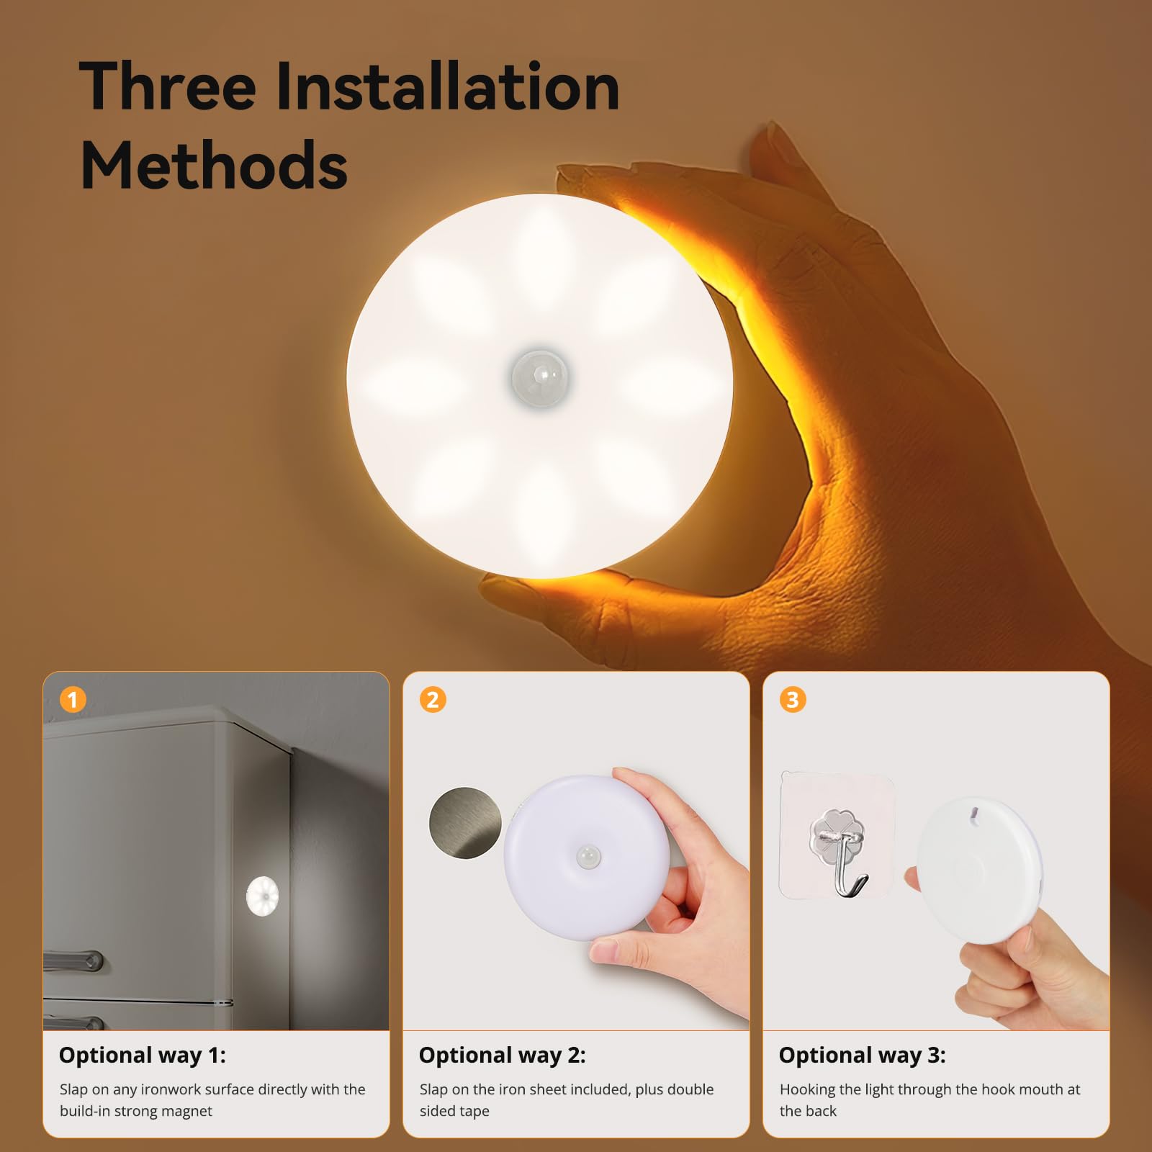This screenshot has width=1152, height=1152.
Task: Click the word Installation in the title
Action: point(446,87)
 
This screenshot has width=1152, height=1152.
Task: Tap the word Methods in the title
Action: point(214,166)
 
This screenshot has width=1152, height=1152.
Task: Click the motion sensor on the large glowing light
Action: point(540,378)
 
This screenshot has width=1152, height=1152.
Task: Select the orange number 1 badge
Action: point(73,699)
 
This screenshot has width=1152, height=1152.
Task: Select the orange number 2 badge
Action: point(433,699)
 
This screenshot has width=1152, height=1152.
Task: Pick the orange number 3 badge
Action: point(793,699)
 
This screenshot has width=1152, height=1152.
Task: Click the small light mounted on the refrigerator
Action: point(262,896)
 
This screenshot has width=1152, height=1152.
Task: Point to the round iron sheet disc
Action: point(465,822)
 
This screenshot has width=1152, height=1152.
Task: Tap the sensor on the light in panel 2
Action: point(588,857)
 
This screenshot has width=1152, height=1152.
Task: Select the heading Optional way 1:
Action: point(142,1055)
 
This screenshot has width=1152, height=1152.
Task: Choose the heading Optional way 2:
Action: point(502,1055)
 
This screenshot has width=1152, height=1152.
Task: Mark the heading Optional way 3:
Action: point(862,1055)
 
